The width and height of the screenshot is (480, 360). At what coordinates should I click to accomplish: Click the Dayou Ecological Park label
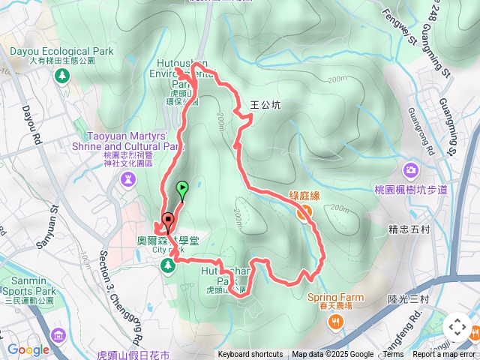61,52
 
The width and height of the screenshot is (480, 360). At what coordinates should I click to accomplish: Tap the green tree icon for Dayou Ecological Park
61,75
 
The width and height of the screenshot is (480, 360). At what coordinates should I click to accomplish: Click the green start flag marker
181,188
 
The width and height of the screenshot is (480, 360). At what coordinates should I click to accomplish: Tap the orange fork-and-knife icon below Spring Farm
334,321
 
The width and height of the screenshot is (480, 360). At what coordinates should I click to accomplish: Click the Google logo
28,349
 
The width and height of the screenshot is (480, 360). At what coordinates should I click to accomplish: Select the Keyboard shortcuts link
250,355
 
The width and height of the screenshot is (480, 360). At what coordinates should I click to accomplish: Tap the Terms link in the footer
393,355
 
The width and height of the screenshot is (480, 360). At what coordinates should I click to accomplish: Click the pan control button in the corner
457,327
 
